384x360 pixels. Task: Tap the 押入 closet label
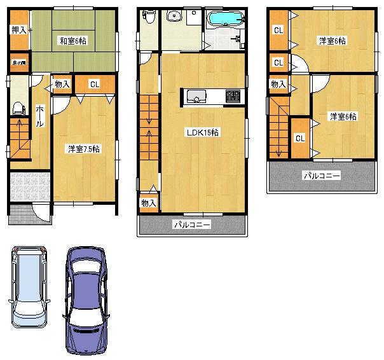tap(18, 30)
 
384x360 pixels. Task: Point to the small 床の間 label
tap(18, 63)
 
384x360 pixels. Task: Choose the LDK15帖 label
tap(203, 133)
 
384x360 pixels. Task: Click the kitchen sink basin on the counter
tap(196, 97)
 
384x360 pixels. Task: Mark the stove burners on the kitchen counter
tap(233, 97)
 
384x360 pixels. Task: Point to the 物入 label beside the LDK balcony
tap(148, 203)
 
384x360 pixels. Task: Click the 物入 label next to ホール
tap(62, 84)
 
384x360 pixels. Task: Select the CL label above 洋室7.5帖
tap(94, 83)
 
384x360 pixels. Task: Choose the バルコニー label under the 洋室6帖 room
tap(321, 175)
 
